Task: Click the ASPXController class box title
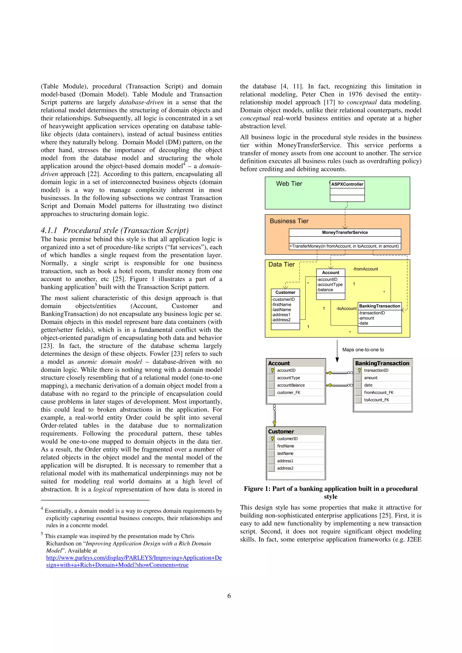[x=347, y=184]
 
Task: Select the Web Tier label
[x=289, y=184]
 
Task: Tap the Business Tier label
[x=289, y=221]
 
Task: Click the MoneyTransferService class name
[x=345, y=232]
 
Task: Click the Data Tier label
[x=282, y=264]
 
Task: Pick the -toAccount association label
[x=346, y=308]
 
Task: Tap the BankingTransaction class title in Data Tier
[x=379, y=306]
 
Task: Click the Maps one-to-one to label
[x=363, y=350]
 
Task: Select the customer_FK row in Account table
[x=289, y=392]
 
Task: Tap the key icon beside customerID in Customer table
[x=272, y=439]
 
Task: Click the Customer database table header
[x=281, y=431]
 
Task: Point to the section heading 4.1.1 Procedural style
[x=115, y=230]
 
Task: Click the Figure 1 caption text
[x=330, y=492]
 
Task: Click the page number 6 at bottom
[x=229, y=596]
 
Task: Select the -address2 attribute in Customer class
[x=281, y=320]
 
